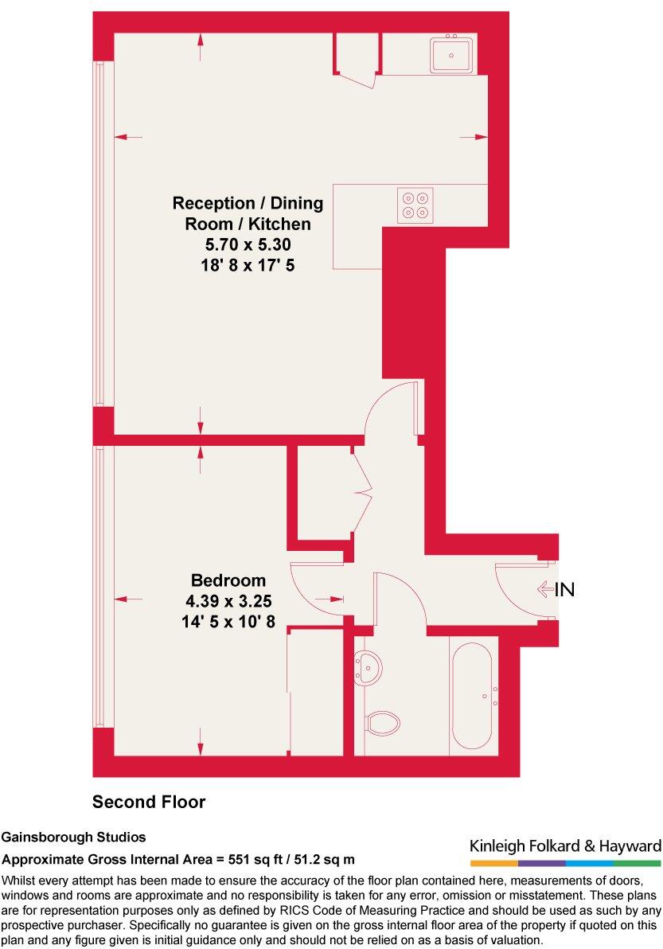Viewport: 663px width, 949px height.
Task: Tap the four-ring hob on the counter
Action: click(415, 205)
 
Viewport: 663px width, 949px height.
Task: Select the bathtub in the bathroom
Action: click(475, 695)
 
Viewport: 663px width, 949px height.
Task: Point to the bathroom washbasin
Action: click(367, 665)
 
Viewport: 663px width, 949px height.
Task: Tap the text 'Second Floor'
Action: click(149, 802)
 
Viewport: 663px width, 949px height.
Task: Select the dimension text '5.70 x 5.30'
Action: click(248, 245)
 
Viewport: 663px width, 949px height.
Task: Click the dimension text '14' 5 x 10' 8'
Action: click(228, 622)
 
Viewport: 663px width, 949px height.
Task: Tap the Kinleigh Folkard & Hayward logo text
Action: click(565, 846)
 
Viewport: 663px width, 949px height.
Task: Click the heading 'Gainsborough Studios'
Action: click(73, 838)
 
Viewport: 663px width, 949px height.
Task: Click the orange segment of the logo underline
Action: click(493, 863)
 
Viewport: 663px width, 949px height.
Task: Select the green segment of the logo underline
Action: click(637, 863)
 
